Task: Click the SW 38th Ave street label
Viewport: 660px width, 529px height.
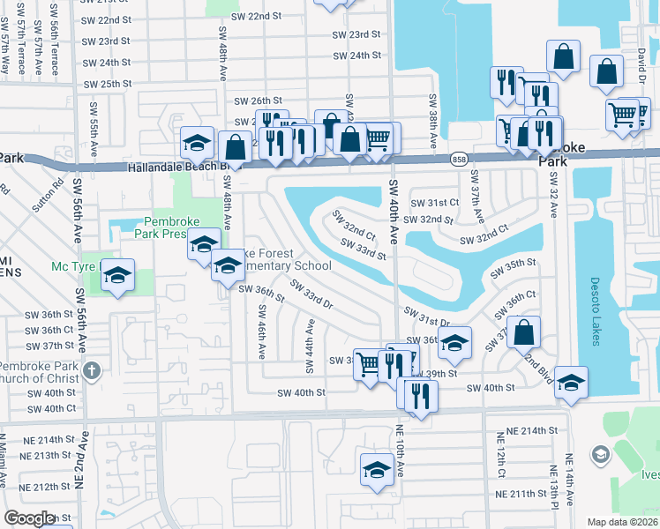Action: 433,122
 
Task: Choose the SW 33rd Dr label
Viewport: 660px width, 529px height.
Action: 311,294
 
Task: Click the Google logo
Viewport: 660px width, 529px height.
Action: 29,518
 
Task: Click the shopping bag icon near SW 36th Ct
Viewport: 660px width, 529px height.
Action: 523,332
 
